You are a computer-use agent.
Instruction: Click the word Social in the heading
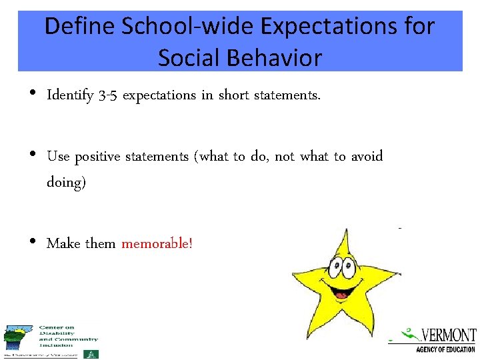pos(187,58)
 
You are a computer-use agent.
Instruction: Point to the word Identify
pos(69,95)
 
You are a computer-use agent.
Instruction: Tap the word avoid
pos(366,157)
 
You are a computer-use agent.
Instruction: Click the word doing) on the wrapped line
pos(66,182)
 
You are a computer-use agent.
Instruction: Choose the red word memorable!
pos(157,243)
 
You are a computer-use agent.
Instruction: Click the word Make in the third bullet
pos(63,243)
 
